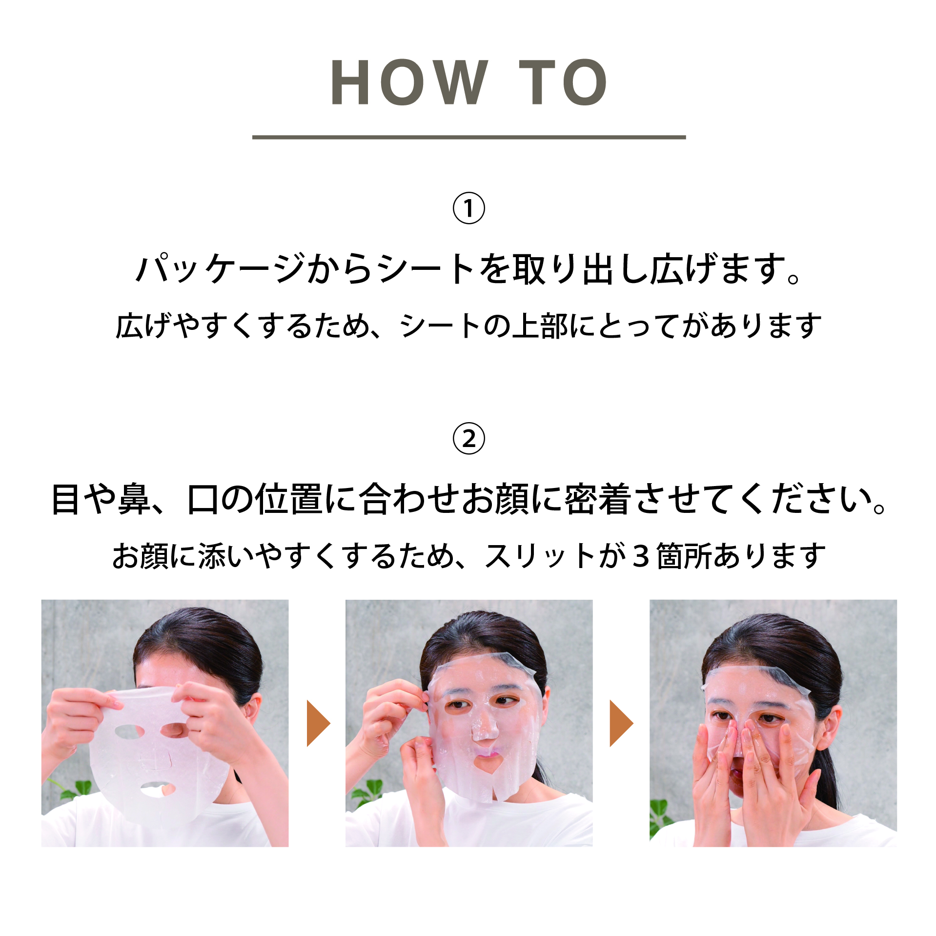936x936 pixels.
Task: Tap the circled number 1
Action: pos(468,208)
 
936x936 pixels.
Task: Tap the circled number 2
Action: pos(468,439)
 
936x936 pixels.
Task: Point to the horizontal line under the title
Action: pos(468,137)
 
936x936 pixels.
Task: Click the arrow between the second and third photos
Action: pos(621,723)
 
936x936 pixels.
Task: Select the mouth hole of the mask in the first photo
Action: pos(157,789)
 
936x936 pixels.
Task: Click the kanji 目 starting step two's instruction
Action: pos(65,499)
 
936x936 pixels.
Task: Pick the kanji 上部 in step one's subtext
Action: pos(540,326)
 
